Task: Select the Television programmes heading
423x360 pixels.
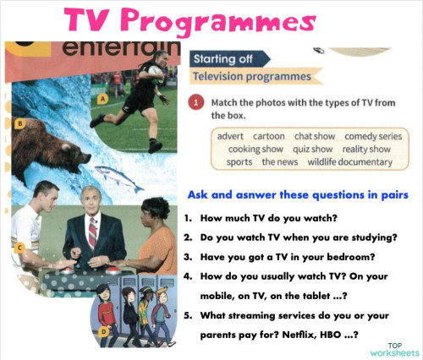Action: [x=250, y=77]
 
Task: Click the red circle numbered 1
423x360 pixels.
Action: [x=195, y=103]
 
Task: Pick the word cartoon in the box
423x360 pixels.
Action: [x=268, y=136]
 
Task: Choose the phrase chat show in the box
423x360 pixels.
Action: [x=314, y=136]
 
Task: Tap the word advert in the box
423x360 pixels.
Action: [x=230, y=136]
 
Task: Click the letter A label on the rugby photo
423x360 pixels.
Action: [x=102, y=99]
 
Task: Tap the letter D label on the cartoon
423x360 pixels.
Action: [x=103, y=331]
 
